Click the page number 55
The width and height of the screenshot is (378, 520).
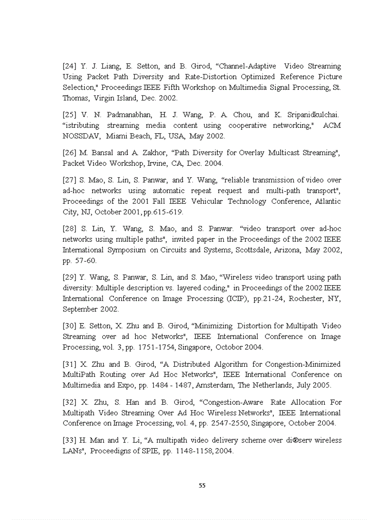pos(202,485)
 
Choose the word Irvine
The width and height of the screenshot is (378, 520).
pos(156,163)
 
